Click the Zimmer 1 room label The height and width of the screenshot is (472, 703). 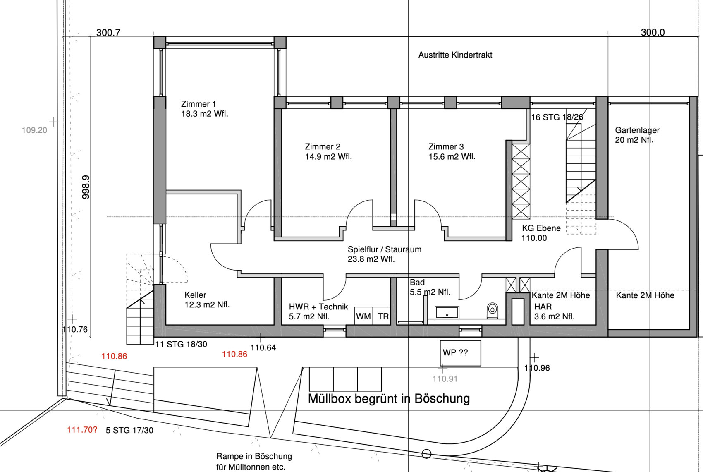205,109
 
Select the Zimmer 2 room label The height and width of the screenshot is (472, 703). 328,151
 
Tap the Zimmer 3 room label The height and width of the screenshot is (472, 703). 452,151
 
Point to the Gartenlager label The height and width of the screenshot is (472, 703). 637,135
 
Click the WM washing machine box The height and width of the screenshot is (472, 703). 363,316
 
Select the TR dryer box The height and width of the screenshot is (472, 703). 382,316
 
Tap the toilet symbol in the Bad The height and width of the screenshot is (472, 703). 493,310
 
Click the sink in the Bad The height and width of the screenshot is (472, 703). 447,312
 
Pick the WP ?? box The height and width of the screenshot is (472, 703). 460,353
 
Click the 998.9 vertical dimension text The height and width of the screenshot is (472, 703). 86,187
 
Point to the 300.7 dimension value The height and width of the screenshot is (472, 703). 108,32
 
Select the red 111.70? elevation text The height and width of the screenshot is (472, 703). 82,430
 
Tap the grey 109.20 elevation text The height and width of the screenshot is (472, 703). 34,130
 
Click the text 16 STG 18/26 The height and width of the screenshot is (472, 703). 557,117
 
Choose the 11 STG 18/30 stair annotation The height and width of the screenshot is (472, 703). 181,345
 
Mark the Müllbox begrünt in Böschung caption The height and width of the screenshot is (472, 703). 389,398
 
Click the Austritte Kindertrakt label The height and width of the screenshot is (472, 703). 455,55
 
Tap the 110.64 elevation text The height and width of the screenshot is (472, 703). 263,347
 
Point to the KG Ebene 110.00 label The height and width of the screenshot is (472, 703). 541,233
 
